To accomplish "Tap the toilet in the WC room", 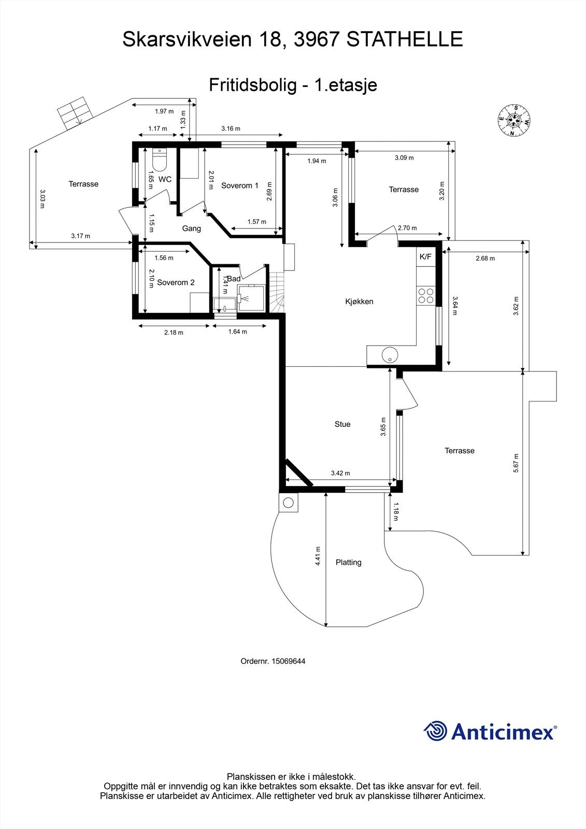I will coord(159,161).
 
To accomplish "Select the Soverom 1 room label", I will coord(239,185).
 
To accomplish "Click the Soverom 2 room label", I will coord(176,282).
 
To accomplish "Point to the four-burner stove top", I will coord(426,296).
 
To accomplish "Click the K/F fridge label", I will coord(425,256).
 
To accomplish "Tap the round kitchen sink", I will coord(389,355).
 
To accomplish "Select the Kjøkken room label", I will coord(359,302).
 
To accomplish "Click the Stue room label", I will coord(342,424).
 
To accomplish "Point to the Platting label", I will coord(348,562).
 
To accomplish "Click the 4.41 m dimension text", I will coord(318,556).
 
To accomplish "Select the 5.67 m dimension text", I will coord(516,463).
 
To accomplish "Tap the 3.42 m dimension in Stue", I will coord(340,473).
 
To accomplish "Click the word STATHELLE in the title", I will coord(404,39).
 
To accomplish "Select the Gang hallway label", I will coord(191,228).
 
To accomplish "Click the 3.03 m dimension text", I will coord(42,198).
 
